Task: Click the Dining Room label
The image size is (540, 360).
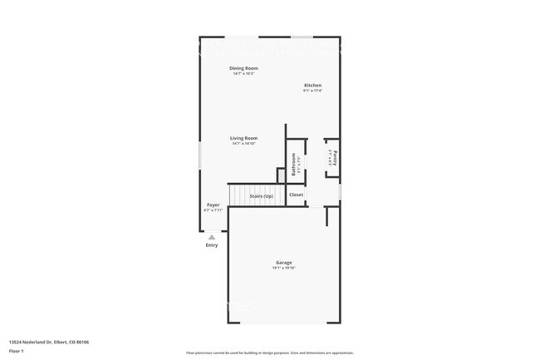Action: (x=243, y=68)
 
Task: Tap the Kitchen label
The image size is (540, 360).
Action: (x=312, y=86)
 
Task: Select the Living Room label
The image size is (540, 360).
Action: (x=243, y=138)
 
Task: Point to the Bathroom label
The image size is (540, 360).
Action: (x=293, y=164)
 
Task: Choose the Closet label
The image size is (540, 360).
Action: (x=297, y=195)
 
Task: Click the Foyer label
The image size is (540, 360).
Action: (x=214, y=205)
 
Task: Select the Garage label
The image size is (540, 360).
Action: (x=284, y=263)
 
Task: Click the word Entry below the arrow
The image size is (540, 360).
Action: (x=212, y=244)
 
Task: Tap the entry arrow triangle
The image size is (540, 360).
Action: (x=212, y=237)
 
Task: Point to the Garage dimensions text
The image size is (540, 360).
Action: (x=284, y=268)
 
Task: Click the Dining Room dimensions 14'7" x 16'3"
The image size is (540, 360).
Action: (x=243, y=74)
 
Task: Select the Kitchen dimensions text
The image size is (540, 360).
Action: (x=312, y=91)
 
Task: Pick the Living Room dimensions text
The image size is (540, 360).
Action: (x=243, y=144)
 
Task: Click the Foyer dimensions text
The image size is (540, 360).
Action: (x=214, y=210)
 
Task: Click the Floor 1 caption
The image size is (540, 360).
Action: (x=17, y=350)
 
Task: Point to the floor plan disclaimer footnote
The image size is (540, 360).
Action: (x=270, y=353)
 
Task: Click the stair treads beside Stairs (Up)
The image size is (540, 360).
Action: (x=240, y=195)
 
